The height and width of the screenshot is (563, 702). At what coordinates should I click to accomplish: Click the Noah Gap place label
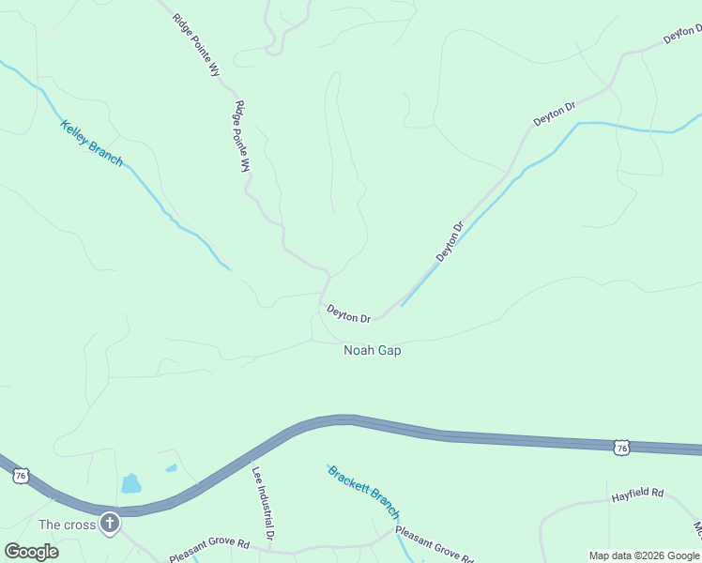click(x=373, y=350)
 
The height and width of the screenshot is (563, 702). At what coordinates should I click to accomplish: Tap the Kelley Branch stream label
click(x=91, y=143)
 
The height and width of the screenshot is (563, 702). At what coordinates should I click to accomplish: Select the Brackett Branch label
click(x=363, y=492)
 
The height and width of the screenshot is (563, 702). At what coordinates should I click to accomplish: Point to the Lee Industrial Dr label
click(x=262, y=505)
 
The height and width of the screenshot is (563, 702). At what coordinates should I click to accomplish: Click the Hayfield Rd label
click(x=637, y=493)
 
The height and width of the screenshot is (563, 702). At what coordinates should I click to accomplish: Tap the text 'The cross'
click(x=67, y=525)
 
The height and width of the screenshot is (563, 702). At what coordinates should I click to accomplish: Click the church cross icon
click(x=110, y=523)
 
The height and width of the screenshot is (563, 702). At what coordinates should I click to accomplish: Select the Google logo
click(x=31, y=551)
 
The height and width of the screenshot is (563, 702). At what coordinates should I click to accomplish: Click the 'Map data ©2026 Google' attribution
click(x=644, y=555)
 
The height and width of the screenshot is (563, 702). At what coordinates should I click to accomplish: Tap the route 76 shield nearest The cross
click(x=21, y=477)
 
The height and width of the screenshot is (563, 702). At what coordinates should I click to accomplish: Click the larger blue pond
click(x=130, y=484)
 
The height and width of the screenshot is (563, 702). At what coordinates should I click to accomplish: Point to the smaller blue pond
click(x=171, y=467)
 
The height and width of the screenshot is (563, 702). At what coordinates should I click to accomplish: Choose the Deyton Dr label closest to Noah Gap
click(x=348, y=313)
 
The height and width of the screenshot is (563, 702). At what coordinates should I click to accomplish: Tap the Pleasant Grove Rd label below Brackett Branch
click(x=433, y=544)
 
